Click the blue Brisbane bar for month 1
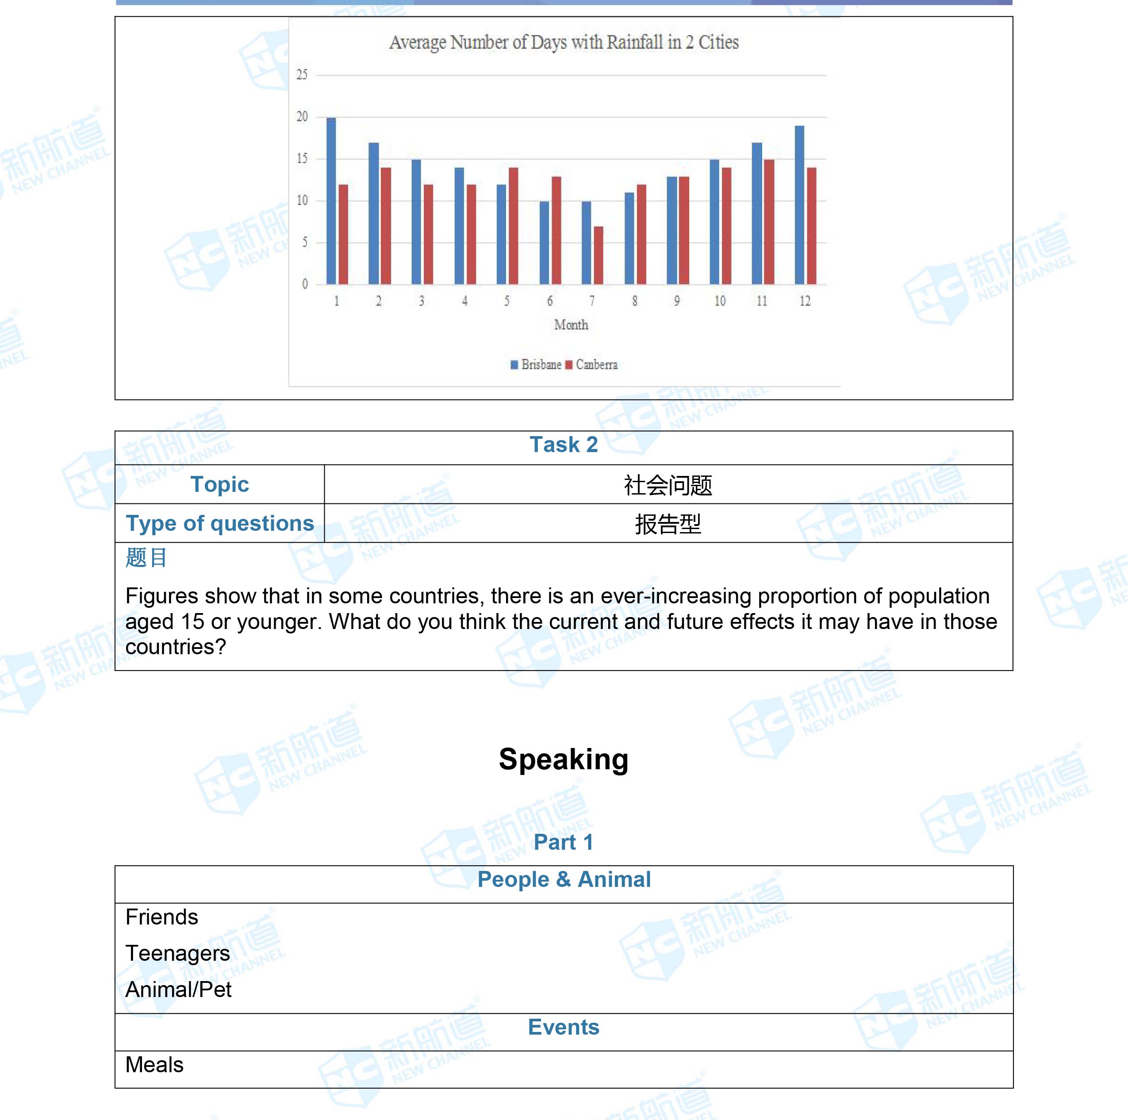331,201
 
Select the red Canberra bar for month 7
599,255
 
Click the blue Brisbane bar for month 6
544,243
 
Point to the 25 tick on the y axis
302,75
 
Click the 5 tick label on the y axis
304,242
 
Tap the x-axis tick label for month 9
677,301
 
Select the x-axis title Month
571,325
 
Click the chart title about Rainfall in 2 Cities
564,42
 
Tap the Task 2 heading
564,445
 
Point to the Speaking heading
564,759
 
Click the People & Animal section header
564,879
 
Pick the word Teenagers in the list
177,953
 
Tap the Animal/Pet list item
178,989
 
